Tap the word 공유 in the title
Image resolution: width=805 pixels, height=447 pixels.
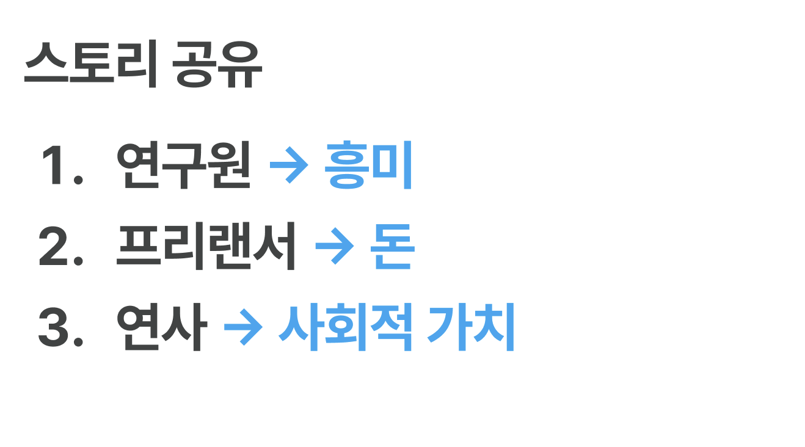click(217, 65)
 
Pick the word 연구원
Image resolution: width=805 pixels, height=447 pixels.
click(183, 166)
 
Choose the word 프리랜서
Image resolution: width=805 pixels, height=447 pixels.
click(206, 247)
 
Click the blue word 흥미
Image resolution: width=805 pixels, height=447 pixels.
click(368, 166)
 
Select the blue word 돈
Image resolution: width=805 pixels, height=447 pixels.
click(393, 247)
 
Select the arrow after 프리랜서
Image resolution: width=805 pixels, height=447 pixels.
click(334, 248)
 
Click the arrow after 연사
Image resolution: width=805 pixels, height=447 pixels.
click(242, 329)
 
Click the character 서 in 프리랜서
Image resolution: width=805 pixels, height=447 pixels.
click(274, 247)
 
